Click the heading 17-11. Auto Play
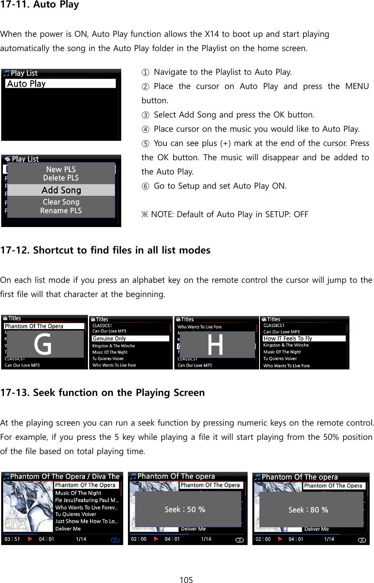[x=40, y=5]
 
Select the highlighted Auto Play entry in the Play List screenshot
[x=61, y=84]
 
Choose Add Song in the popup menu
[x=61, y=190]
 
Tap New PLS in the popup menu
[x=61, y=169]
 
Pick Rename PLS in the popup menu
[x=61, y=211]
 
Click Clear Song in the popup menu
[x=61, y=202]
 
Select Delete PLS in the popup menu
[x=61, y=178]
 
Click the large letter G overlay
[x=43, y=344]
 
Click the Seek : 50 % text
[x=185, y=509]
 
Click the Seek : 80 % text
[x=308, y=510]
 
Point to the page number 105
[x=186, y=580]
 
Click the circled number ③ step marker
[x=145, y=115]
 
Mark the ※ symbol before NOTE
[x=145, y=214]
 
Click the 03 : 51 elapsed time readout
[x=12, y=539]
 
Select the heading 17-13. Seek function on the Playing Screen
[x=103, y=393]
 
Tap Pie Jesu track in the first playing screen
[x=86, y=500]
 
